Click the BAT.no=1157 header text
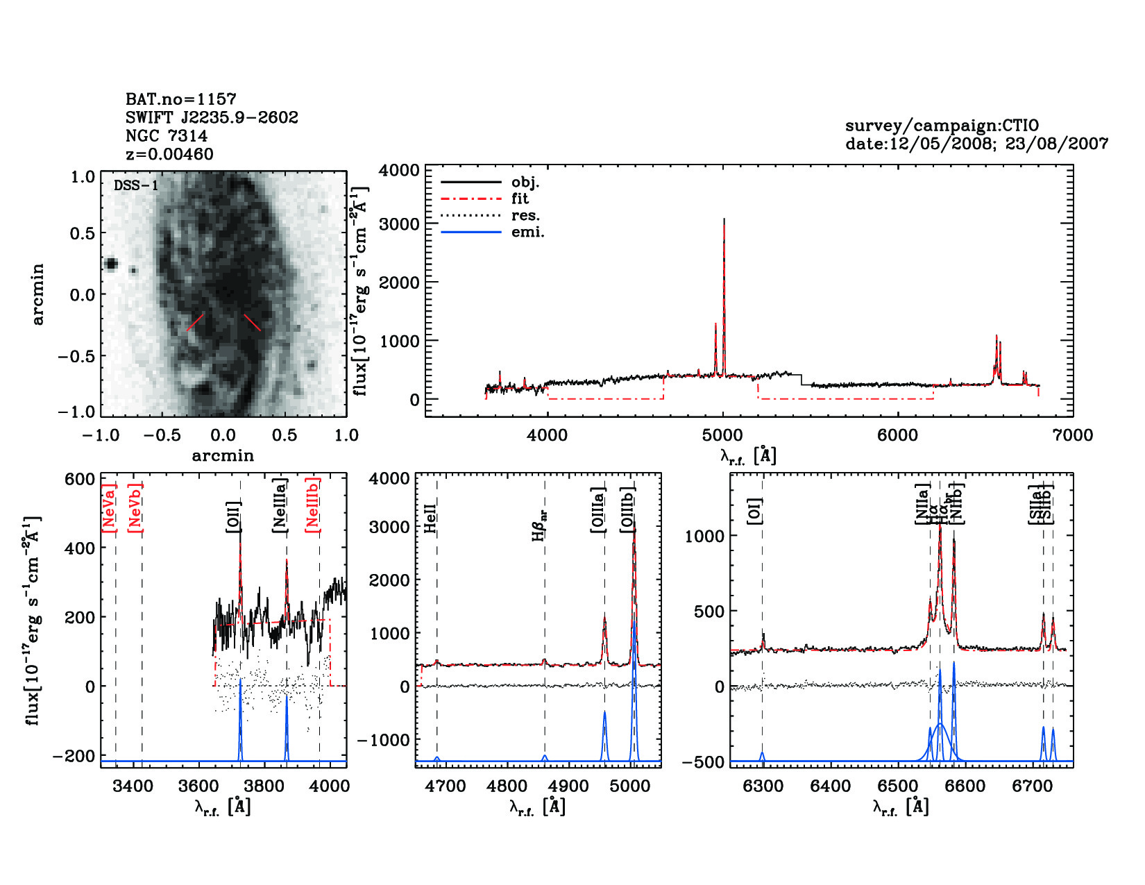tap(180, 99)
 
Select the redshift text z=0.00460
tap(169, 154)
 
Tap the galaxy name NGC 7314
tap(167, 136)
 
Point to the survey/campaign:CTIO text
tap(942, 126)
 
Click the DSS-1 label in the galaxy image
tap(136, 185)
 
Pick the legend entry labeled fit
tap(520, 199)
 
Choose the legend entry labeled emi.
tap(527, 233)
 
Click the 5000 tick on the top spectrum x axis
tap(722, 435)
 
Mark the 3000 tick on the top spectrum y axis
tap(400, 224)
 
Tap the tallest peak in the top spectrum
tap(724, 219)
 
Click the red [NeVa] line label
tap(109, 507)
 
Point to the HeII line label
tap(430, 519)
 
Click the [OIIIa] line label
tap(598, 509)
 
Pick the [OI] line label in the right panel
tap(755, 510)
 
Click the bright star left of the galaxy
tap(110, 264)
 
